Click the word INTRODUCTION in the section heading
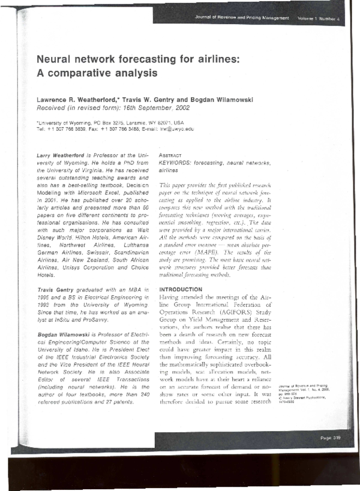point(181,289)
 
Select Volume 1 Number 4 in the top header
point(318,19)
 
